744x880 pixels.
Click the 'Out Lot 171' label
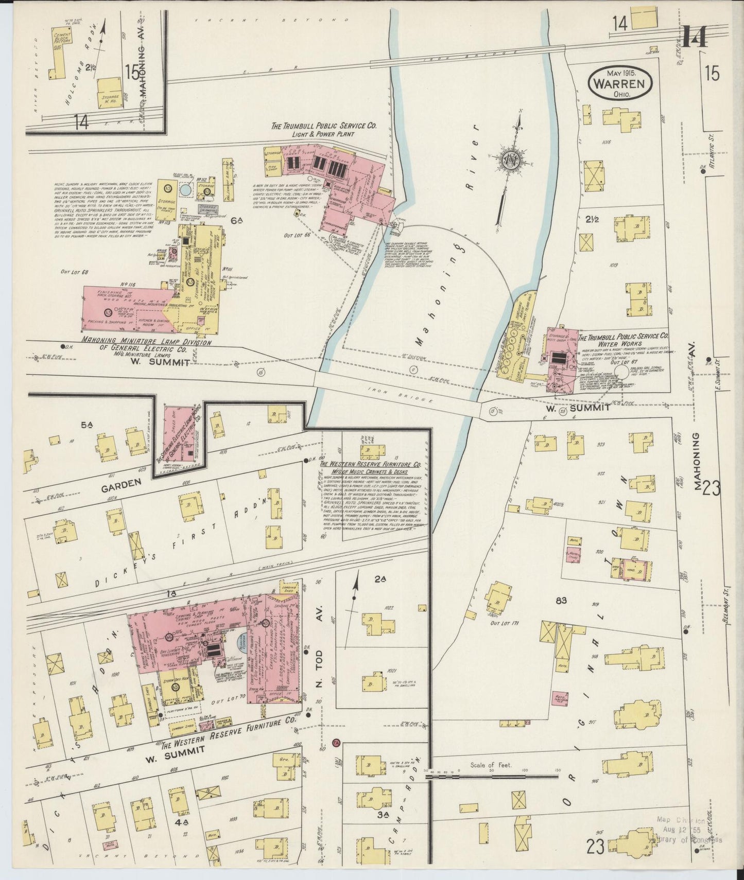click(x=505, y=623)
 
